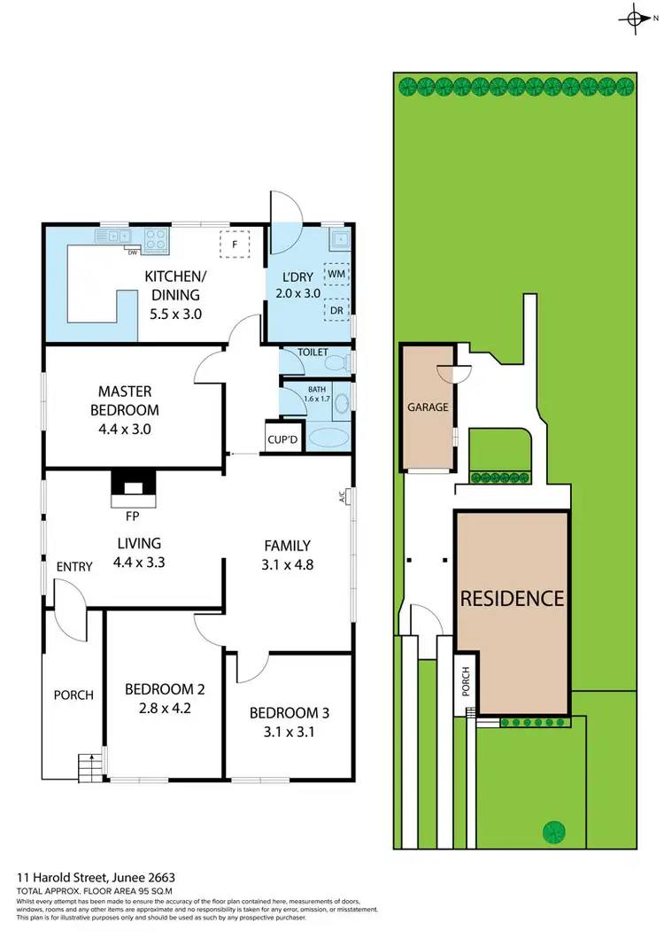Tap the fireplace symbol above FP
coord(132,485)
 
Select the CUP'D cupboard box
coord(282,440)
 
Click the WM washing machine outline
coord(336,275)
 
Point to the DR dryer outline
coord(336,311)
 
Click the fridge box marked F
coord(235,243)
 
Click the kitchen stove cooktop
coord(157,237)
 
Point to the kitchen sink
coord(113,237)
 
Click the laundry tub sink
coord(336,238)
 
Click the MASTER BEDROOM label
coord(125,400)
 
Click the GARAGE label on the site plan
coord(428,407)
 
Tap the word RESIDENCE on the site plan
coord(512,598)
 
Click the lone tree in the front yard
coord(553,831)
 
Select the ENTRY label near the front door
coord(74,567)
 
